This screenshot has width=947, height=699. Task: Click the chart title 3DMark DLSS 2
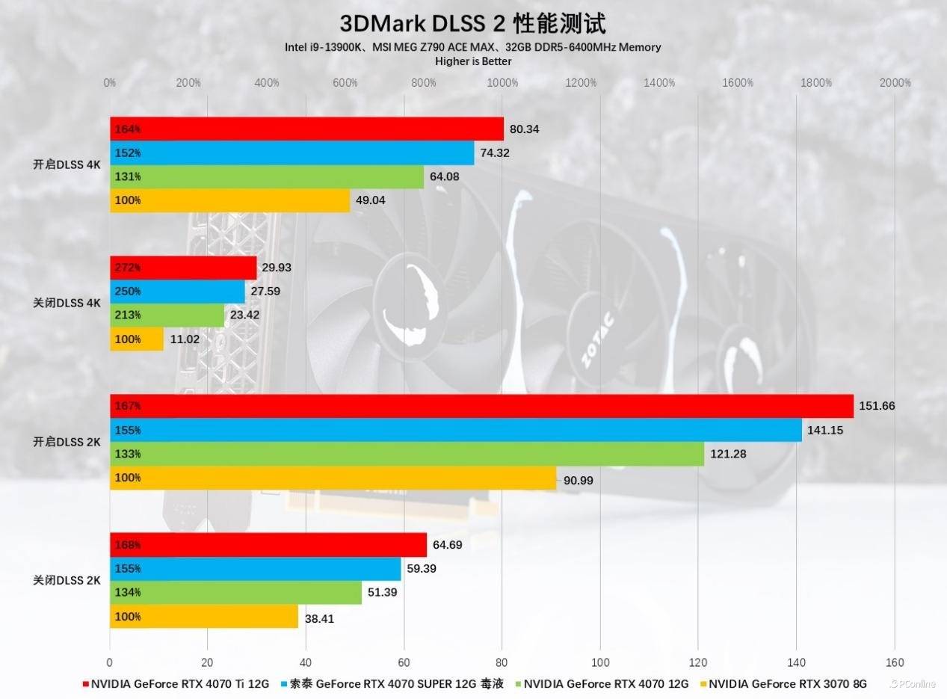472,22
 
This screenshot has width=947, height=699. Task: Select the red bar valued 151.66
481,406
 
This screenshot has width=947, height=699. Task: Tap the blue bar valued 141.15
456,430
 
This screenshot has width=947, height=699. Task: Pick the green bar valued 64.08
267,176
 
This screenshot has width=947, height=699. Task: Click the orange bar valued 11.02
137,339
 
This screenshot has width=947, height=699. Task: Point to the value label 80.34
524,129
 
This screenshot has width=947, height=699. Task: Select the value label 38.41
319,617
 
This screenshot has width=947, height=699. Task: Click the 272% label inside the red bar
127,267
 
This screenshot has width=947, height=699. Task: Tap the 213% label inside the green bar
127,315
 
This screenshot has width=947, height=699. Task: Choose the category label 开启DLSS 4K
67,164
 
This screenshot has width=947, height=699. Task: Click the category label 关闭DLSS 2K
67,580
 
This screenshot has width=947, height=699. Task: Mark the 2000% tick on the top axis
895,83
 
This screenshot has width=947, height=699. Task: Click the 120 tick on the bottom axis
697,662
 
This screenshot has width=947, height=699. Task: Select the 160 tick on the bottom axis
894,662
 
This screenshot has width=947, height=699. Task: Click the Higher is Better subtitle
473,61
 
